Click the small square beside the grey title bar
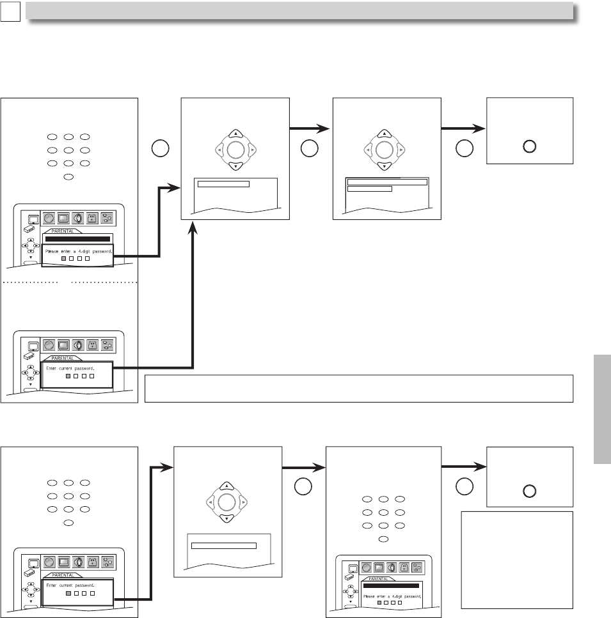[x=10, y=12]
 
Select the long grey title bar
[x=299, y=11]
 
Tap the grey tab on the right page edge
[x=602, y=409]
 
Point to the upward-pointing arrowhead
[x=193, y=228]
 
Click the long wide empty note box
[x=359, y=389]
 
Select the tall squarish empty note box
[x=517, y=560]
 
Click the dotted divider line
[x=70, y=282]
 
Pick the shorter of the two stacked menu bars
[x=370, y=189]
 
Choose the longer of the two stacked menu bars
[x=387, y=182]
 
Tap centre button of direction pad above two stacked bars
[x=384, y=150]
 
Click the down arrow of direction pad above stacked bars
[x=384, y=166]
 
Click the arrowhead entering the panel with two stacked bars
[x=324, y=128]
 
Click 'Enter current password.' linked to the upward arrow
[x=70, y=369]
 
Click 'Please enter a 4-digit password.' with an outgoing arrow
[x=79, y=251]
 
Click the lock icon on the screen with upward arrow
[x=93, y=346]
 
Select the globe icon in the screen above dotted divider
[x=49, y=218]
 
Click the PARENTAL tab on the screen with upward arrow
[x=62, y=359]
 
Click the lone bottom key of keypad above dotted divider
[x=68, y=177]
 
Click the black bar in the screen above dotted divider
[x=77, y=239]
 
